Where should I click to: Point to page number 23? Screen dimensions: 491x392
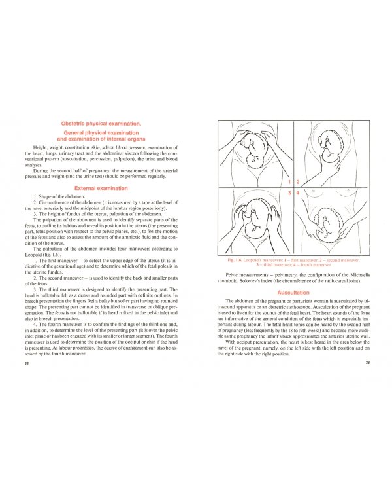[x=368, y=363]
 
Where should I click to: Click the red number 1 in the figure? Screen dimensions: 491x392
[x=289, y=181]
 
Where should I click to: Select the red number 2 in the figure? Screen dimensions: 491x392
[x=298, y=181]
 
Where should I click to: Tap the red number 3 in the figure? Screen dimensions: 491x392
[x=289, y=194]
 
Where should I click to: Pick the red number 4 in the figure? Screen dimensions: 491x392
[x=298, y=194]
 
